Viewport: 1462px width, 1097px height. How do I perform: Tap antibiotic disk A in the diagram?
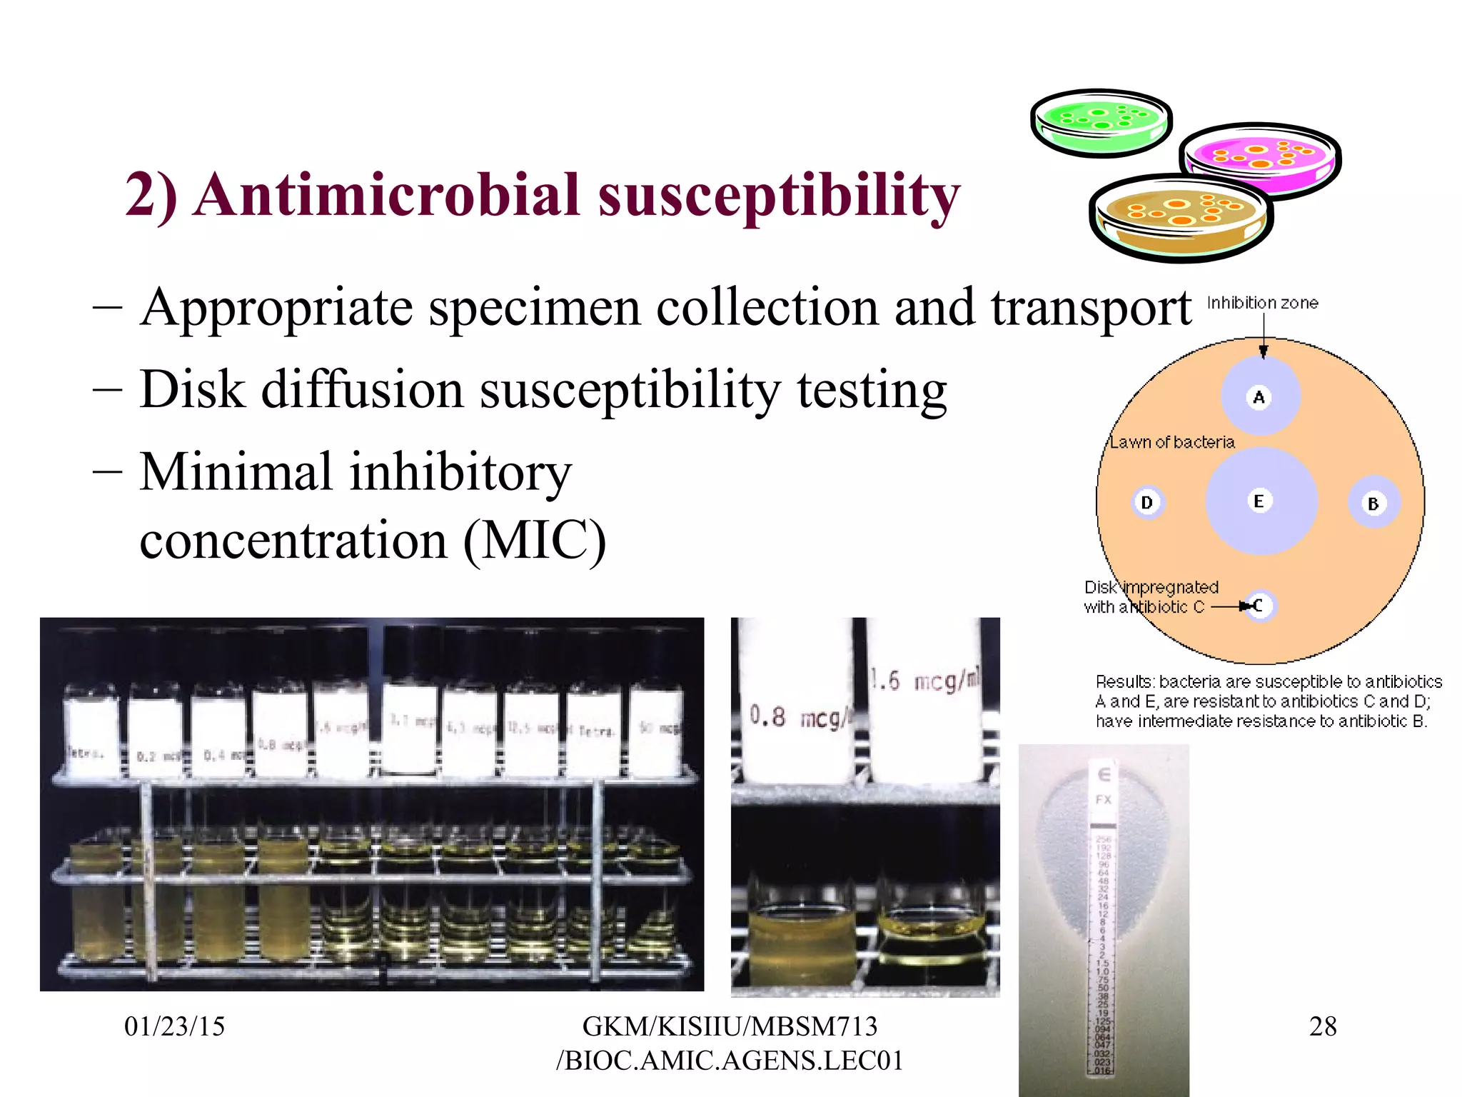(x=1259, y=397)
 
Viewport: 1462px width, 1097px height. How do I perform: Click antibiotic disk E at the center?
(x=1259, y=501)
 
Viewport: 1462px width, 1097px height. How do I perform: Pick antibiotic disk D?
(x=1147, y=503)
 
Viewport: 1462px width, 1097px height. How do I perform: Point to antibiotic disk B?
(x=1373, y=504)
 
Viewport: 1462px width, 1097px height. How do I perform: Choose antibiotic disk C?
(x=1259, y=606)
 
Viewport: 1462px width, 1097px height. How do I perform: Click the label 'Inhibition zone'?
(x=1262, y=303)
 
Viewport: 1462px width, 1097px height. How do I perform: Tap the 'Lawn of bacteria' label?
(x=1172, y=442)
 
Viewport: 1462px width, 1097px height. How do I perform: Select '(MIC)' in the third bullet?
(x=535, y=541)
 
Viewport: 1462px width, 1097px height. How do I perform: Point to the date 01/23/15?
(x=174, y=1026)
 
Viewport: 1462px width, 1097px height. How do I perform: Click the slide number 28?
(x=1322, y=1026)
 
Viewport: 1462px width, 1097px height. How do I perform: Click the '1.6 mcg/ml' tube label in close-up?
(x=925, y=681)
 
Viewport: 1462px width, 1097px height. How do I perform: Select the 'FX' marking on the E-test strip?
(x=1104, y=799)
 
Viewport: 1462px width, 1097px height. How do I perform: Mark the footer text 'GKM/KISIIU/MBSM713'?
(x=730, y=1026)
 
